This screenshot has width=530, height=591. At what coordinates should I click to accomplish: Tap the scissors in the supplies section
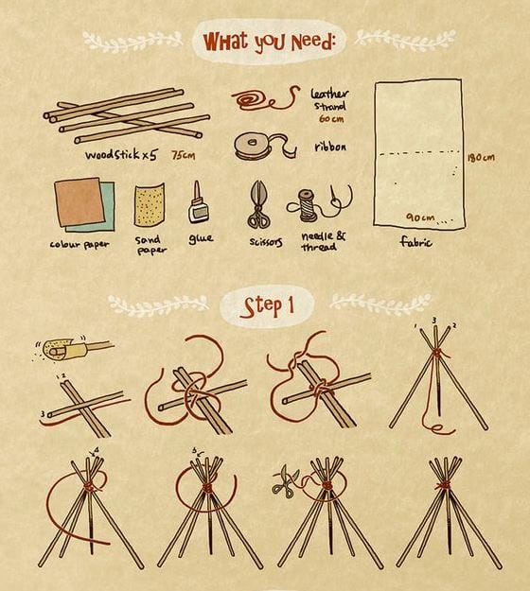pos(258,204)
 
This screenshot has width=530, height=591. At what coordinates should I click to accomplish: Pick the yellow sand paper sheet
pos(150,205)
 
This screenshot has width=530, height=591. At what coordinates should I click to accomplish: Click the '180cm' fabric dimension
pos(481,157)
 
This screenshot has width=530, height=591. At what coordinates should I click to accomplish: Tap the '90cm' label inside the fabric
pos(420,217)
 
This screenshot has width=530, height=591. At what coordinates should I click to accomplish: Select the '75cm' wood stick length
pos(184,155)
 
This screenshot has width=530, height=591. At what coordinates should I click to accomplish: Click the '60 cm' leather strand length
pos(331,119)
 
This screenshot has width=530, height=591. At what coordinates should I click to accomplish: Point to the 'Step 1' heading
pos(267,306)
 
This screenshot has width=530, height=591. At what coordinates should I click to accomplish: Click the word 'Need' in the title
pos(312,43)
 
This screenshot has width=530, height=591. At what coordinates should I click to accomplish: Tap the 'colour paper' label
pos(79,244)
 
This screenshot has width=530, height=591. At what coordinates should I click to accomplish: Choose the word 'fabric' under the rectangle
pos(416,241)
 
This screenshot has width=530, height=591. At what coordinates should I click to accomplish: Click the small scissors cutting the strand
pos(285,479)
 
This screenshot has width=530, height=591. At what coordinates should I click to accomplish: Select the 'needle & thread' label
pos(324,242)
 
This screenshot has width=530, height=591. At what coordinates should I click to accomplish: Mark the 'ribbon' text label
pos(330,147)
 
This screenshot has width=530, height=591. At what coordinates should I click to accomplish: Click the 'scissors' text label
pos(266,242)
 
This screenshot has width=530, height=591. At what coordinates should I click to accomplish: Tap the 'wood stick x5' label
pos(121,154)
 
